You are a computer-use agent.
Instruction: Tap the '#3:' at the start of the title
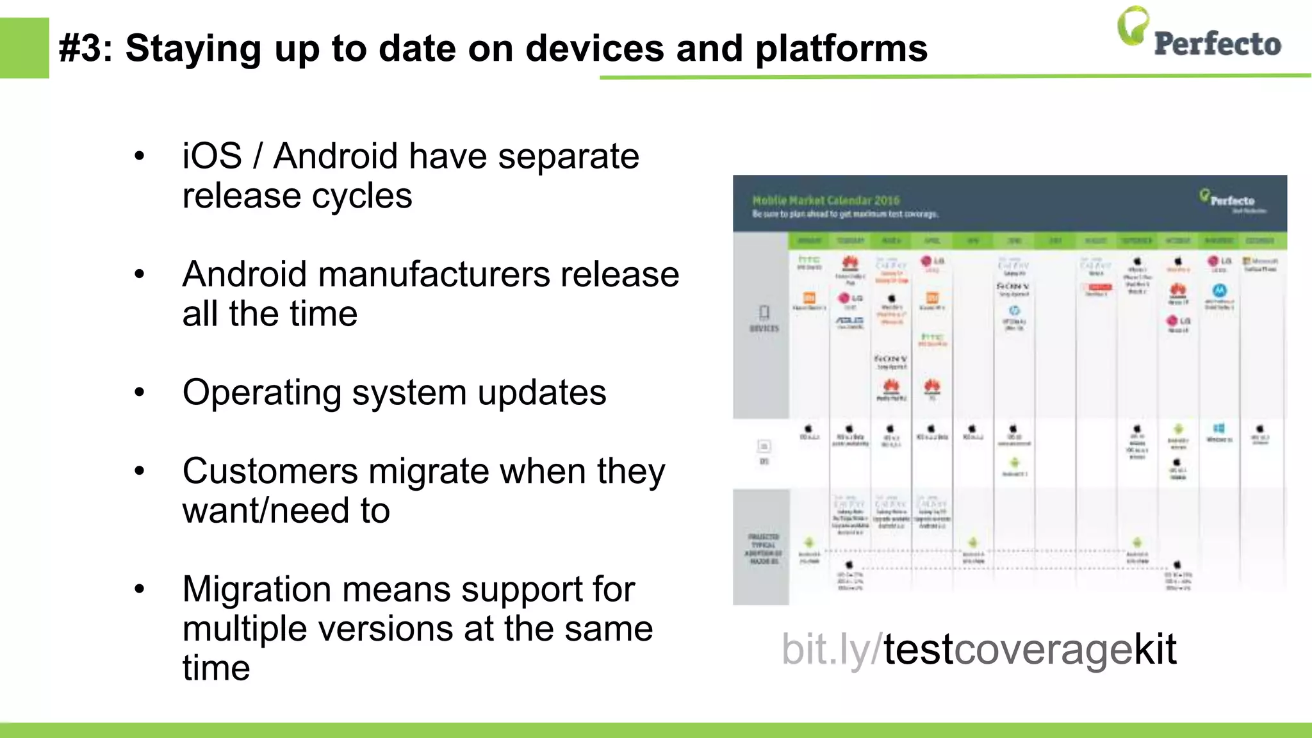[x=86, y=49]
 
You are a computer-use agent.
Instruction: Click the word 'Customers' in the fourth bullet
[x=270, y=472]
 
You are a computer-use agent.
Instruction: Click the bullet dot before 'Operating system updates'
[x=140, y=392]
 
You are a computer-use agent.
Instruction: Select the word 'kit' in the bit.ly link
[x=1155, y=650]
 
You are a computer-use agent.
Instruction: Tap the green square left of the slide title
[x=24, y=48]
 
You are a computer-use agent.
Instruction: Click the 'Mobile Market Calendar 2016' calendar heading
[x=826, y=201]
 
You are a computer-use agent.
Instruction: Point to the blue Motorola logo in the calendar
[x=1219, y=290]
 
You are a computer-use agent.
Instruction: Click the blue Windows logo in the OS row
[x=1218, y=429]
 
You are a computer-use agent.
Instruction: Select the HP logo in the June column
[x=1014, y=311]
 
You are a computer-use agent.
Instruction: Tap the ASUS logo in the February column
[x=849, y=320]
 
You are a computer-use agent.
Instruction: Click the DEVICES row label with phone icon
[x=764, y=318]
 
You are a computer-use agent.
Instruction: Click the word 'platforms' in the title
[x=841, y=49]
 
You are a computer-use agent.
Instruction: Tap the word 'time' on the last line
[x=216, y=669]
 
